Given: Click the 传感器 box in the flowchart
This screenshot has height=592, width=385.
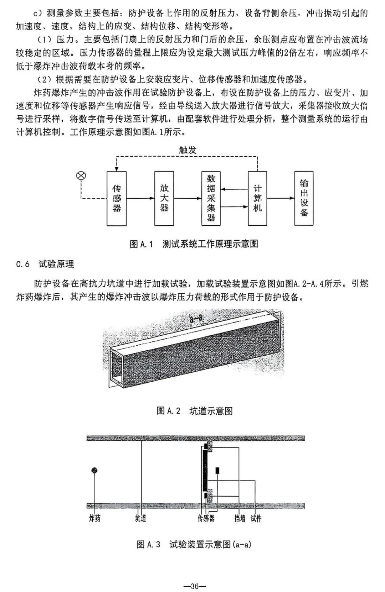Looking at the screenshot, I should (x=117, y=198).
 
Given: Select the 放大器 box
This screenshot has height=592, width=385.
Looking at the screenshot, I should (x=164, y=198).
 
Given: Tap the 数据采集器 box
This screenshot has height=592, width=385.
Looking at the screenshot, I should (x=211, y=198).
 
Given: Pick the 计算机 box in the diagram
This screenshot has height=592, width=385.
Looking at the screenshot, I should (x=257, y=198).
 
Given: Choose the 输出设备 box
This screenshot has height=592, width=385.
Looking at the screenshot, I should (x=304, y=198).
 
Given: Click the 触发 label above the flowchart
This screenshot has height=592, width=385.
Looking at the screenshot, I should (x=188, y=150).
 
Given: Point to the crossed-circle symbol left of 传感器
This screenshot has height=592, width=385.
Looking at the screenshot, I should (x=82, y=175).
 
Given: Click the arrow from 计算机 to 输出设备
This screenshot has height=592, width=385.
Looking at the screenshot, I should (x=280, y=198).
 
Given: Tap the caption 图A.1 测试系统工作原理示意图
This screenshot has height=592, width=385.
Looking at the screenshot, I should (x=194, y=244).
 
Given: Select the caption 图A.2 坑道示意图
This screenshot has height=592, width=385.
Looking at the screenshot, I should (x=195, y=411).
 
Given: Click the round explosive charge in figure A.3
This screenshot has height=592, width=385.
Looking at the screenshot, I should (x=94, y=470).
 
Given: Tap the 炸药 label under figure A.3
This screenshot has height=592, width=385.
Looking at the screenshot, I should (x=94, y=518).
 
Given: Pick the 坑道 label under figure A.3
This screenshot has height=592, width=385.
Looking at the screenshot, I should (x=140, y=518).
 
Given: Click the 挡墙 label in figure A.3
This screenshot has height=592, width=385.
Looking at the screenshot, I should (x=240, y=518).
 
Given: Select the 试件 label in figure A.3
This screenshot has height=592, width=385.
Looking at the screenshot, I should (x=256, y=518).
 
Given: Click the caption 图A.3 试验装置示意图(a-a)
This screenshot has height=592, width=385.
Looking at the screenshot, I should (x=194, y=544).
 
